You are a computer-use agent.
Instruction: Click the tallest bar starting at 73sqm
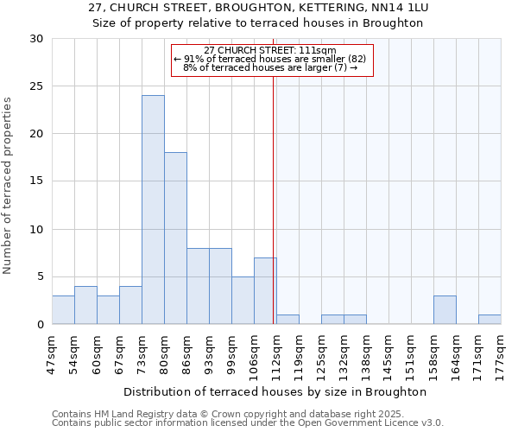click(x=153, y=210)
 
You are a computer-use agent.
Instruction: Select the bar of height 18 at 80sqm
click(x=175, y=238)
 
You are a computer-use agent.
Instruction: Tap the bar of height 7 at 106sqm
click(x=265, y=291)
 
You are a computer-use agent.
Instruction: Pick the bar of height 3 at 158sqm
click(x=445, y=310)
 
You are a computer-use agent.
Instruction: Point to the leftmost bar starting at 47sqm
click(x=63, y=310)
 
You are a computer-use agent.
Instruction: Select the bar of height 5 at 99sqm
click(x=243, y=301)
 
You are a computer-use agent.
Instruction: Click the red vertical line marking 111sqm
click(x=274, y=199)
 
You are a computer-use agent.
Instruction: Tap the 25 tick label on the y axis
click(x=35, y=86)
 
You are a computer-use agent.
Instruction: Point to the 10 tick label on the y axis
click(x=35, y=230)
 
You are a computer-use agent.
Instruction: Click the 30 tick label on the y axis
click(x=35, y=39)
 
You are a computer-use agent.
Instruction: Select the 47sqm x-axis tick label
click(x=52, y=353)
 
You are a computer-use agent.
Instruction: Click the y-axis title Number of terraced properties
click(x=9, y=185)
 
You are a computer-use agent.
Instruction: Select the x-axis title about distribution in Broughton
click(x=276, y=391)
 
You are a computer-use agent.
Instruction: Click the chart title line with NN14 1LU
click(x=259, y=8)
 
